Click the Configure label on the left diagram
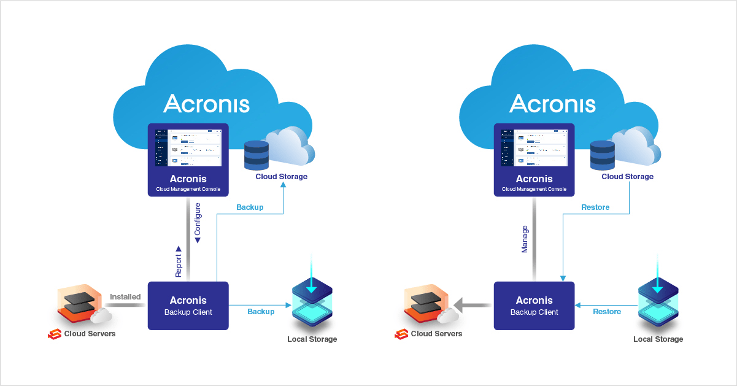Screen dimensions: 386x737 click(x=198, y=223)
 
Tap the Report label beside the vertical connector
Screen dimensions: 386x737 click(x=179, y=262)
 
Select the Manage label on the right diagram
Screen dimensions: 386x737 click(x=525, y=239)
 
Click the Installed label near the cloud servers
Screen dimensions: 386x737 click(x=125, y=297)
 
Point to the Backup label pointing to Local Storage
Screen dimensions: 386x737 click(x=261, y=312)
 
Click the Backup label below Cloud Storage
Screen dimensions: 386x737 click(x=250, y=207)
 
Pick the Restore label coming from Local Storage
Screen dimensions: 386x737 click(x=607, y=312)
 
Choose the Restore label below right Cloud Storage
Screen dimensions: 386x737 click(x=595, y=207)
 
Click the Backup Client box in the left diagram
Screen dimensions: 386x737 click(x=188, y=306)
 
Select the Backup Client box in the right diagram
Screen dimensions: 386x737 click(x=534, y=306)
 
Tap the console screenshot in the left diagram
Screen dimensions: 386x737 click(x=188, y=147)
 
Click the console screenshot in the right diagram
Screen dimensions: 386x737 click(x=534, y=147)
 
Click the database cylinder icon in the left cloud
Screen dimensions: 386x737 click(x=257, y=155)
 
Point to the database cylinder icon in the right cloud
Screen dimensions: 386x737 click(x=603, y=155)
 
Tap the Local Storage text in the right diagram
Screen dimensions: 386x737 click(x=658, y=339)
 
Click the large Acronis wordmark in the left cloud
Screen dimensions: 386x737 click(x=206, y=103)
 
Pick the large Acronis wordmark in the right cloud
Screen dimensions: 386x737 click(x=552, y=103)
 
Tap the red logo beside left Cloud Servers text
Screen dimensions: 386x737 click(x=55, y=334)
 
